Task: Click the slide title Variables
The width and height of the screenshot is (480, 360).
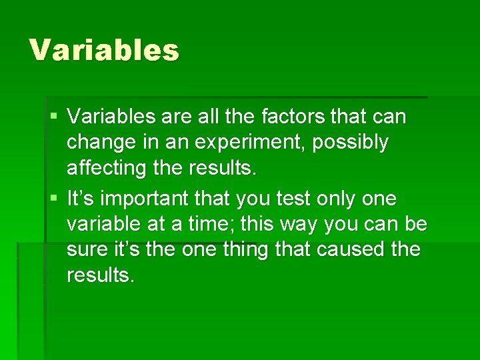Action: (x=104, y=50)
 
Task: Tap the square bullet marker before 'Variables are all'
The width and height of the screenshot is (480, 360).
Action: (x=53, y=117)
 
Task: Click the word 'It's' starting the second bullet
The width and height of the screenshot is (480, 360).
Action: (x=83, y=199)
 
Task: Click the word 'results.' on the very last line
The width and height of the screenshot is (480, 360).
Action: (x=101, y=275)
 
